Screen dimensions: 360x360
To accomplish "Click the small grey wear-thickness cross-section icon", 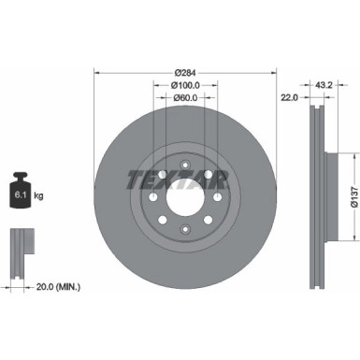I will [19, 252].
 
